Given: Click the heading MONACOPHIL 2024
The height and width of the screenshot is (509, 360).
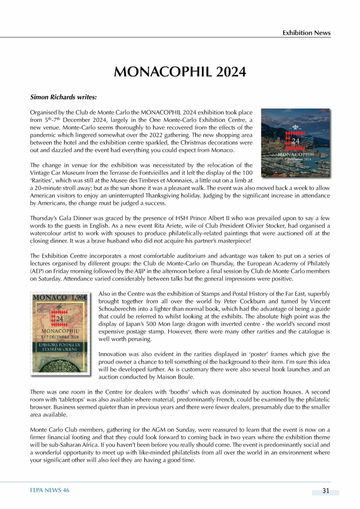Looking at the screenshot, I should (x=180, y=72).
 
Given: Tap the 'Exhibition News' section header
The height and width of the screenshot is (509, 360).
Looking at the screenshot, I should (x=306, y=33).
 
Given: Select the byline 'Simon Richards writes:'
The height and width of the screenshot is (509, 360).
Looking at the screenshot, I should (x=63, y=97).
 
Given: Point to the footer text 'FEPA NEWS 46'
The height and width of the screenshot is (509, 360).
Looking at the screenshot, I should (x=50, y=490).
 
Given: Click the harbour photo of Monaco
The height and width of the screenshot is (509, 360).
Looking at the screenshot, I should (x=296, y=142).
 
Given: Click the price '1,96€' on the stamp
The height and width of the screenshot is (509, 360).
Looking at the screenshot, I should (x=79, y=297).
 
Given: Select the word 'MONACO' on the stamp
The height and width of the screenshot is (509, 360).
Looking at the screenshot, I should (x=50, y=298).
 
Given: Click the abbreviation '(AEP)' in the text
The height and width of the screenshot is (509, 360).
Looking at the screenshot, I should (x=37, y=271).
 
